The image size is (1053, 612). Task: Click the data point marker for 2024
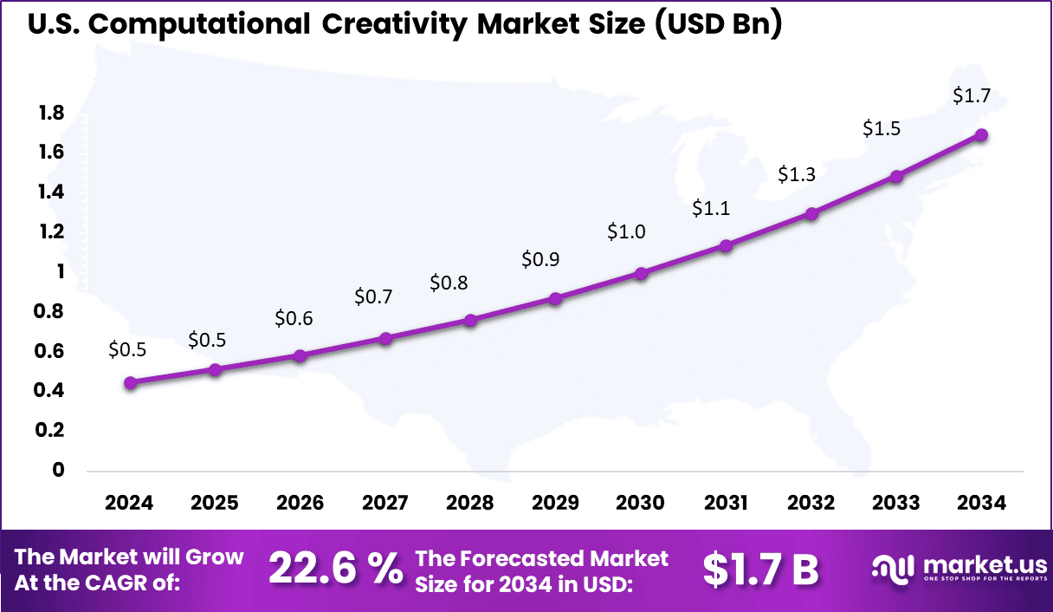(130, 382)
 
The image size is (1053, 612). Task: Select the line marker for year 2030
(642, 273)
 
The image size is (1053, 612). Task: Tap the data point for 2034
(982, 135)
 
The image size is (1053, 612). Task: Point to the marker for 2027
(386, 338)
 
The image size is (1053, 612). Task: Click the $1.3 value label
(796, 174)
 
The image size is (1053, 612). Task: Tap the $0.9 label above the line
(540, 258)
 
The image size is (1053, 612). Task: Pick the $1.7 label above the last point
(971, 96)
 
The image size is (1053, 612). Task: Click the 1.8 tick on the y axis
(51, 113)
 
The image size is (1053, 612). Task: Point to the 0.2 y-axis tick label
(51, 430)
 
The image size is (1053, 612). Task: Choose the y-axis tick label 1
(60, 271)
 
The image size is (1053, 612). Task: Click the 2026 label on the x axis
(300, 504)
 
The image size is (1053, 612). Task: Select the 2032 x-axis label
(811, 504)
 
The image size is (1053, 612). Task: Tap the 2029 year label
(556, 504)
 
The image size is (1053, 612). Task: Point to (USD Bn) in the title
(718, 24)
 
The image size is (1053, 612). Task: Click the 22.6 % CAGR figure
(335, 569)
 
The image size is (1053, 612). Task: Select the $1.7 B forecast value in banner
(760, 569)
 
